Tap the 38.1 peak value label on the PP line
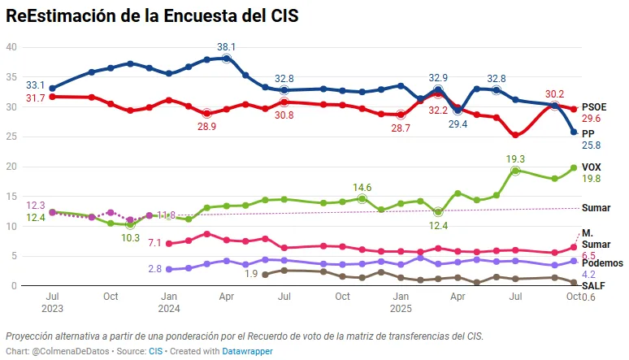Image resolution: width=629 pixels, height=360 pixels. pos(226,46)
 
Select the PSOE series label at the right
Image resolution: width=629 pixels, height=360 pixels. pos(595,106)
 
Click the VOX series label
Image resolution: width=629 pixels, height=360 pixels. pos(592,167)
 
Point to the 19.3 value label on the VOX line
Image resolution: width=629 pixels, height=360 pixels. pos(515,159)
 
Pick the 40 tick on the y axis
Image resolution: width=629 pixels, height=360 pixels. pos(11,47)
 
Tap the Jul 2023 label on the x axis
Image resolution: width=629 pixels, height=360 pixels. pos(52,303)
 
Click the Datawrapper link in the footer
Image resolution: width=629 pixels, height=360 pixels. pos(248,351)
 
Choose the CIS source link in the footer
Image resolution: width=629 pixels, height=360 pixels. pos(155,351)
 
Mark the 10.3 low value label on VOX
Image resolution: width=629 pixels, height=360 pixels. pos(131,239)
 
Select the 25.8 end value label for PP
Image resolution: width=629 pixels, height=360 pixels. pos(591,145)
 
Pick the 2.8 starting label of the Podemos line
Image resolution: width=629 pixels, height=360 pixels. pos(154,269)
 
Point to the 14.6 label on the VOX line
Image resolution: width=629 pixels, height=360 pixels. pos(362,187)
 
